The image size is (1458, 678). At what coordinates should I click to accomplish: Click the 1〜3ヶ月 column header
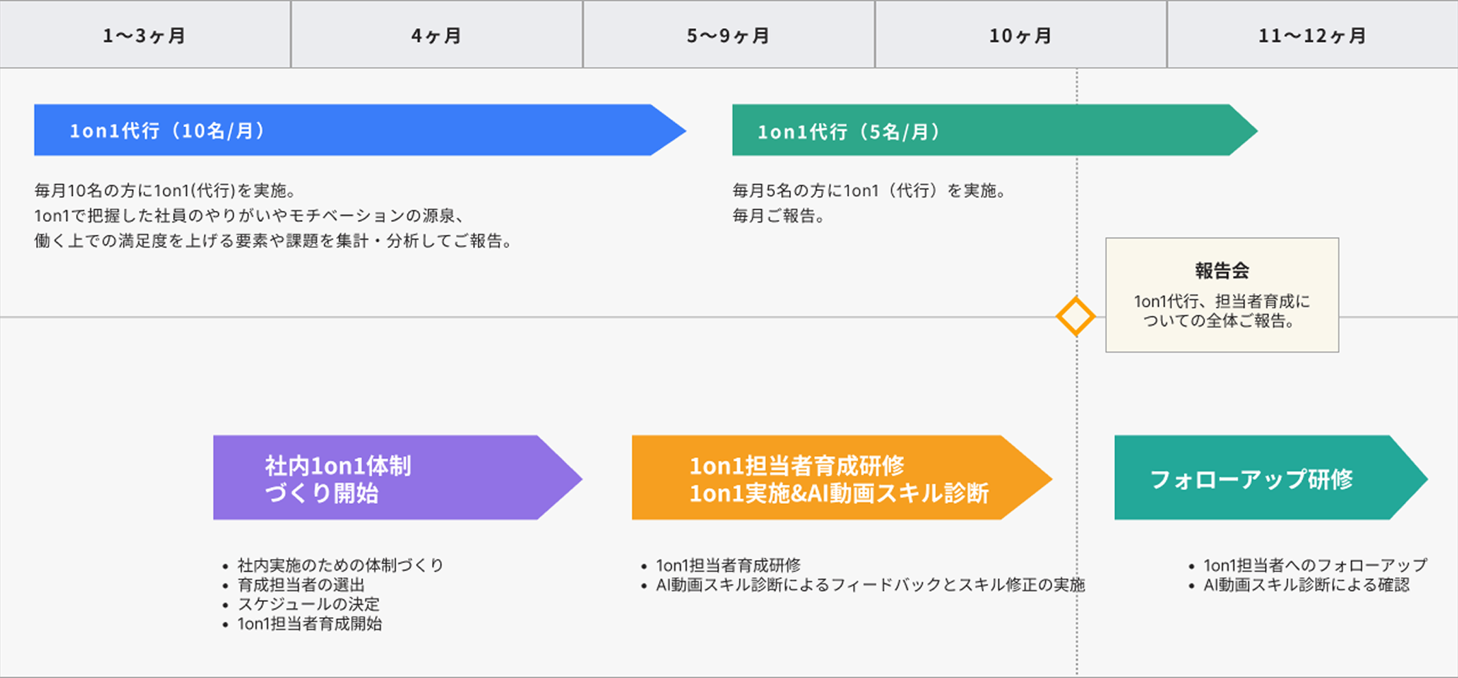[x=145, y=34]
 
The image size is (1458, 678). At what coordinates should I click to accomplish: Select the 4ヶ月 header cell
[x=437, y=34]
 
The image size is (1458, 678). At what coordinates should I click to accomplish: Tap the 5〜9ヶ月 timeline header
[x=728, y=34]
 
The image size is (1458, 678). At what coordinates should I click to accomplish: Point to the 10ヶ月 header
[x=1021, y=34]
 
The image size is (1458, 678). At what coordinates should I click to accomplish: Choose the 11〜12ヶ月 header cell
[x=1312, y=34]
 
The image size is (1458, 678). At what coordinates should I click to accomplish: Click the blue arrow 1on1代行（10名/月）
[x=360, y=130]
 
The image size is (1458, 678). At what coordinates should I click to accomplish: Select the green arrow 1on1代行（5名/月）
[x=995, y=130]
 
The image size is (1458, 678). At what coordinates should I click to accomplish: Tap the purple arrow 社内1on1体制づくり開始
[x=398, y=477]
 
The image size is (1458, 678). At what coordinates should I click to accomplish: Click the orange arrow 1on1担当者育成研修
[x=842, y=477]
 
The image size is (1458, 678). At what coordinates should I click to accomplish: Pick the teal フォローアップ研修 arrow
[x=1271, y=477]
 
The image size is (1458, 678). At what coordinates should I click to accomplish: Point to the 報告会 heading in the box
[x=1222, y=271]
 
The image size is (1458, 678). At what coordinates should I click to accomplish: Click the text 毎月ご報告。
[x=779, y=216]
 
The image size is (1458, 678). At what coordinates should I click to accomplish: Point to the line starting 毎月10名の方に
[x=165, y=190]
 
